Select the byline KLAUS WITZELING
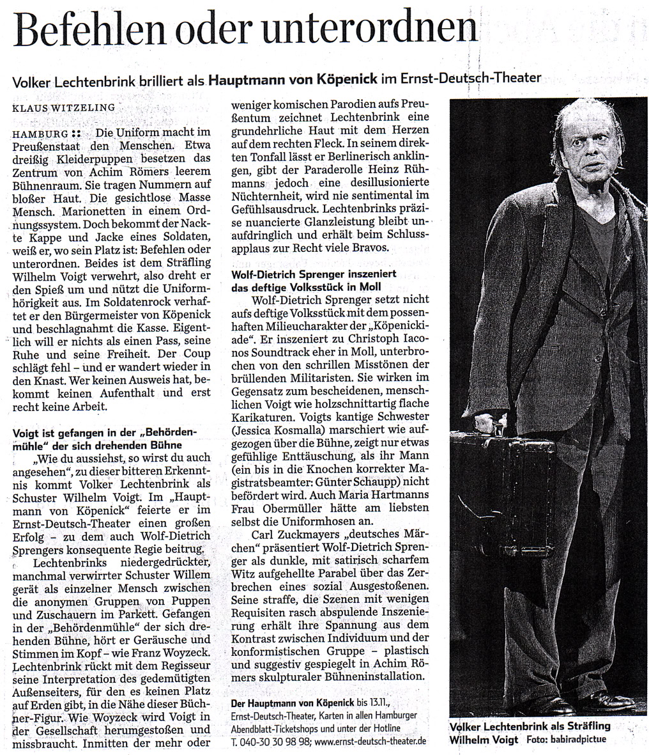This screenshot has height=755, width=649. [64, 108]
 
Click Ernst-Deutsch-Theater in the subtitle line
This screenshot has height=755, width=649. [470, 79]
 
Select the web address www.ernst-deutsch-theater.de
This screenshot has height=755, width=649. [370, 742]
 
